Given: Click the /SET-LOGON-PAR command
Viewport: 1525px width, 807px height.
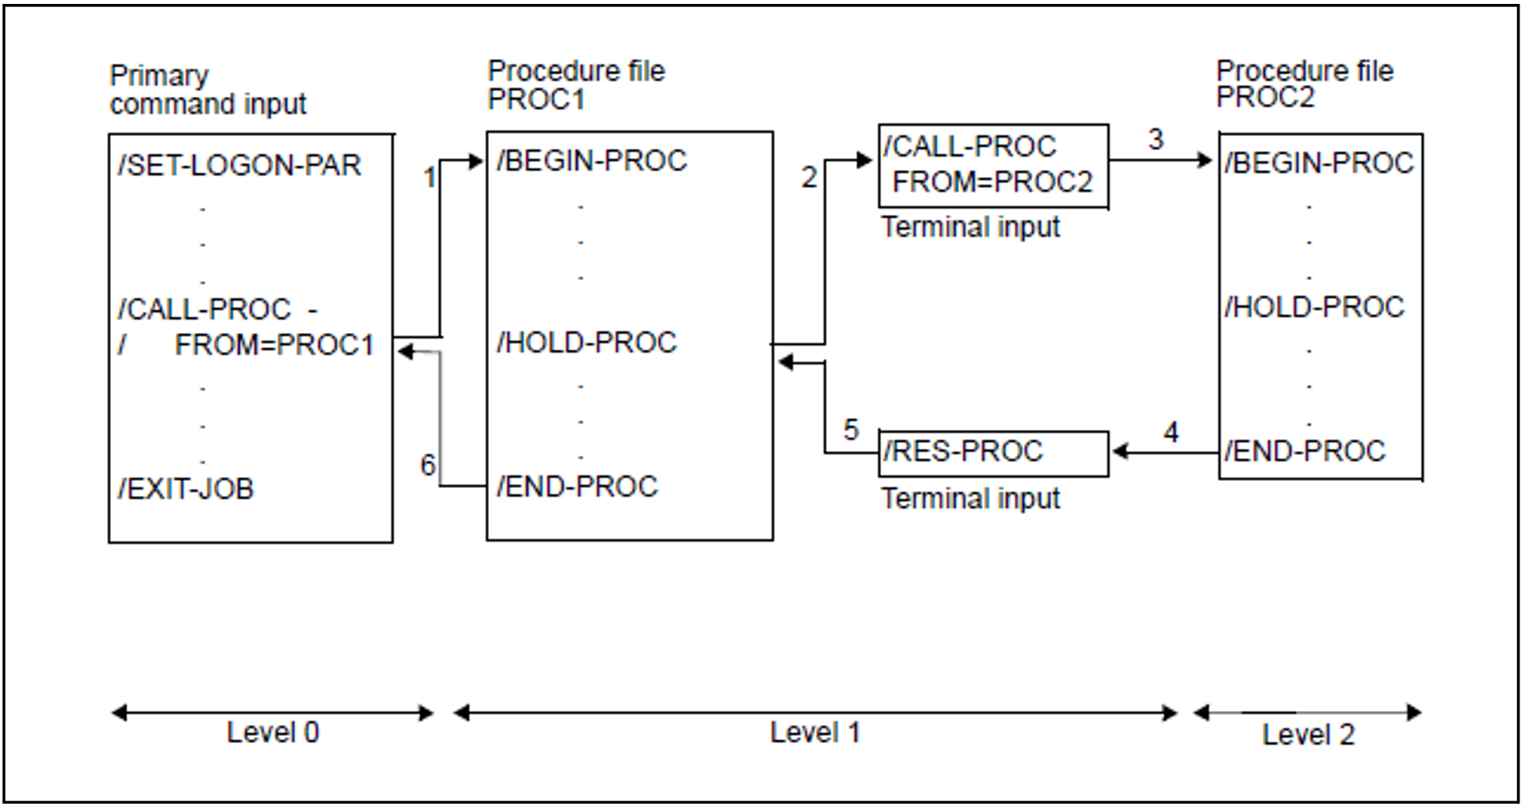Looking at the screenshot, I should (x=239, y=165).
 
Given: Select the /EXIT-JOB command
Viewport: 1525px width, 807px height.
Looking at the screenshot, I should (x=186, y=489).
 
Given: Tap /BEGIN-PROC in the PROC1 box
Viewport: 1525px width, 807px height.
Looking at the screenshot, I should (x=591, y=161).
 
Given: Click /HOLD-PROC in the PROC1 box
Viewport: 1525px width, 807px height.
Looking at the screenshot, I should (x=587, y=342).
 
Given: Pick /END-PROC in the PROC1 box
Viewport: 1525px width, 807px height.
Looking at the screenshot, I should (x=577, y=487).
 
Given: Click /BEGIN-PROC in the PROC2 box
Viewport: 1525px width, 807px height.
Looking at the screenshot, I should (x=1319, y=163).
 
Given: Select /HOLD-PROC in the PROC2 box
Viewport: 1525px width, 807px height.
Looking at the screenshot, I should (x=1314, y=307).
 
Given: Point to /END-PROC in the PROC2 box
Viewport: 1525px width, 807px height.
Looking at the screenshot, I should (x=1305, y=451).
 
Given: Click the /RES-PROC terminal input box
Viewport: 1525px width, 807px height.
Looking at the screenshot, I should (x=993, y=453).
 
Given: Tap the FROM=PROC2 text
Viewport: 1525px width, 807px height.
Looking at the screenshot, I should (x=993, y=183).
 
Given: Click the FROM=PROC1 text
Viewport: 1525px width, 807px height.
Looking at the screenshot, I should (x=274, y=345).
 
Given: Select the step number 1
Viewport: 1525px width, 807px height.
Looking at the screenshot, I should (x=430, y=178).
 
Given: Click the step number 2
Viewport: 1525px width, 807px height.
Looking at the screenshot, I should (x=809, y=178).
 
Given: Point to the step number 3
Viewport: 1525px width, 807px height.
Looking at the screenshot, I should (x=1155, y=140).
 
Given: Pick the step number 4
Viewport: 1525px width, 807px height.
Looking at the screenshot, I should (x=1171, y=432).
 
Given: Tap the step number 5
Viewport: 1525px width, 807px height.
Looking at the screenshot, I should (x=850, y=430).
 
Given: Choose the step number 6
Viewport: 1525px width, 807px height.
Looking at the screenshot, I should (x=428, y=465).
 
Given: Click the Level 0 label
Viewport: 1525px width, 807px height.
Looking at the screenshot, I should (x=272, y=733).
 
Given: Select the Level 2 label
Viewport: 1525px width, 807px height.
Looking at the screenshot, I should (x=1308, y=735).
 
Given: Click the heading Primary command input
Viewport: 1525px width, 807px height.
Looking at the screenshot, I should (x=207, y=90).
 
